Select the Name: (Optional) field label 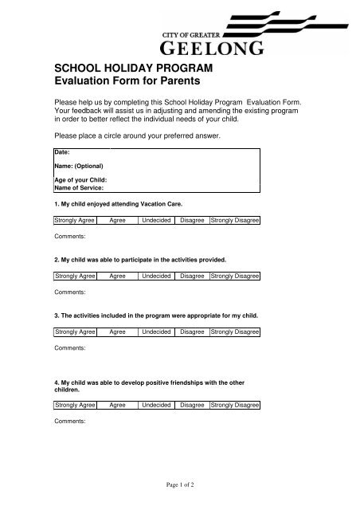click(78, 167)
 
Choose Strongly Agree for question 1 click(75, 220)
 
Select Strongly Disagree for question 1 click(235, 220)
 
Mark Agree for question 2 click(117, 276)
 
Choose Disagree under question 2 click(192, 276)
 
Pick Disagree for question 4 click(192, 406)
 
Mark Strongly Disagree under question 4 click(235, 406)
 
